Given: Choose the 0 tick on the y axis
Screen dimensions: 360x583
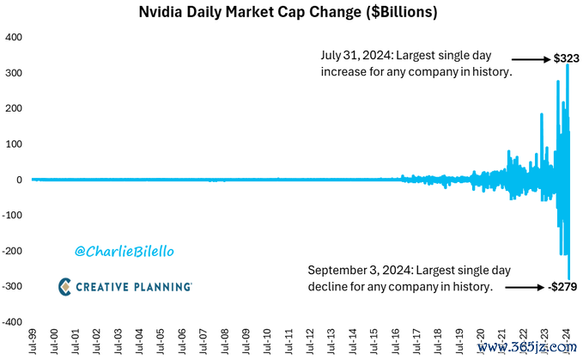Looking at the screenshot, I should [18, 180].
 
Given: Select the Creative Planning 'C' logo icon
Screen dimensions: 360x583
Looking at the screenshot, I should [65, 286].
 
